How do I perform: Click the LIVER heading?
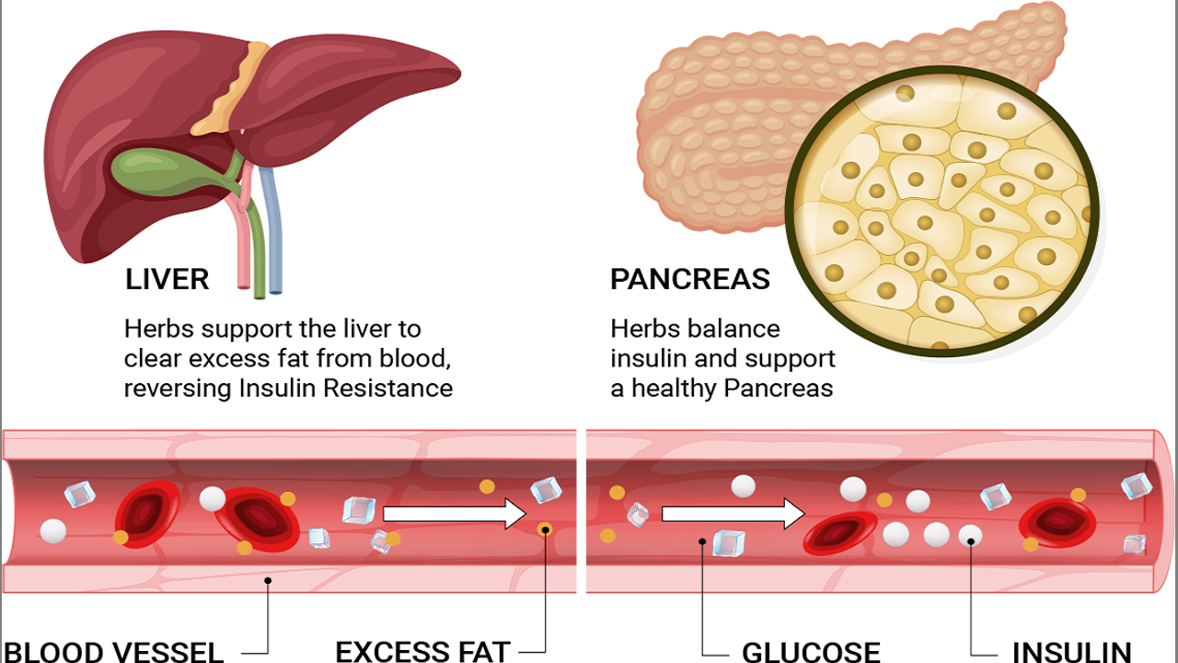pos(167,279)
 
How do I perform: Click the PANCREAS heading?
pos(689,279)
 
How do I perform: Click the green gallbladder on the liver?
pos(161,170)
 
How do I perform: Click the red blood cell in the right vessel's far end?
pos(1057,523)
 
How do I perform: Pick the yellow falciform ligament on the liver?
pos(237,87)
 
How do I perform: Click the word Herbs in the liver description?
pos(157,329)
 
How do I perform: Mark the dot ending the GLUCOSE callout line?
pos(702,541)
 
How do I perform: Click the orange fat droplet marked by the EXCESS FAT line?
pos(545,529)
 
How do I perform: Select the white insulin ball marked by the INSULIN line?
pos(970,534)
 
